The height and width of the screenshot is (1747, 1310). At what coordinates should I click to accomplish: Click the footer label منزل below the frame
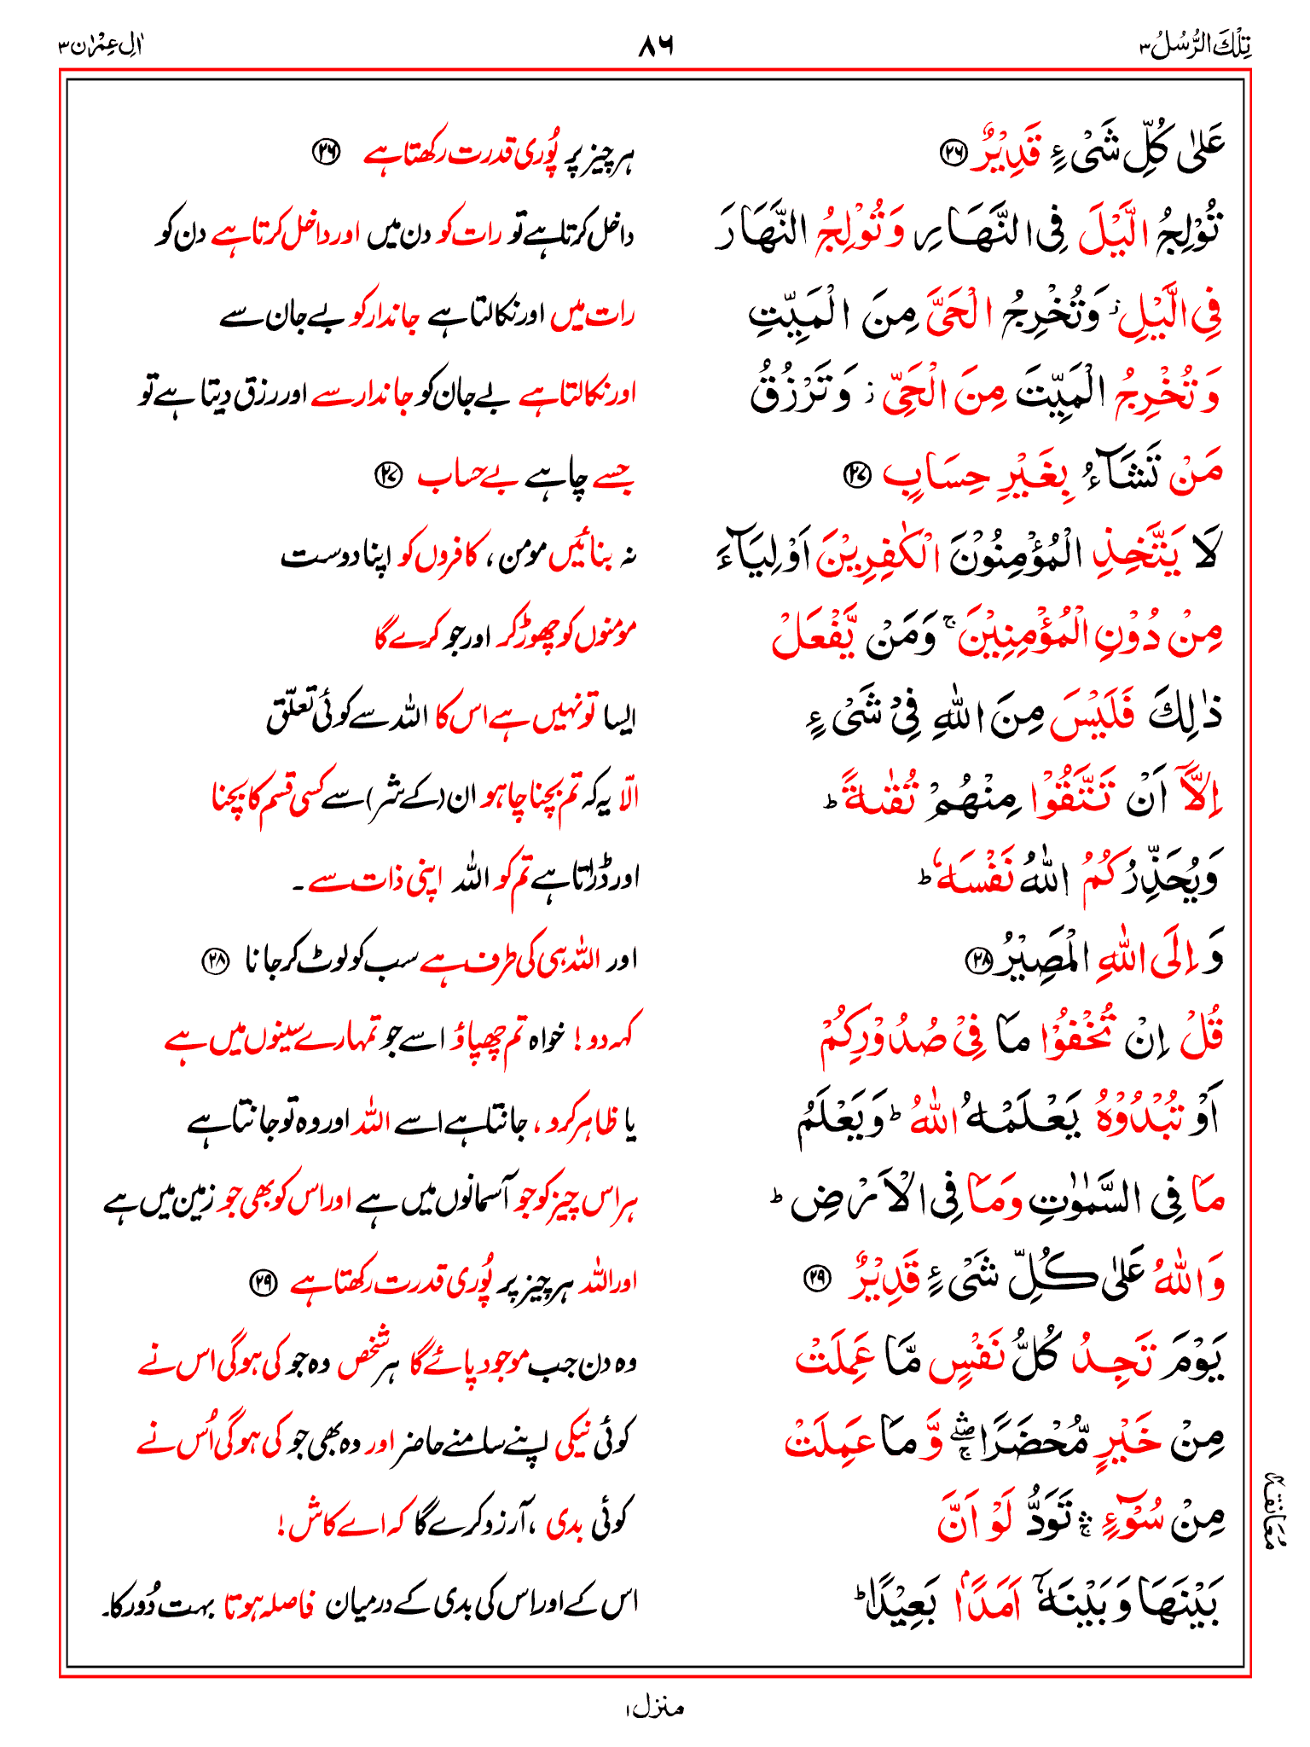tap(655, 1708)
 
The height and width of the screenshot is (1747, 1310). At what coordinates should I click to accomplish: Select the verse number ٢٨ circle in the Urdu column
tap(214, 961)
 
